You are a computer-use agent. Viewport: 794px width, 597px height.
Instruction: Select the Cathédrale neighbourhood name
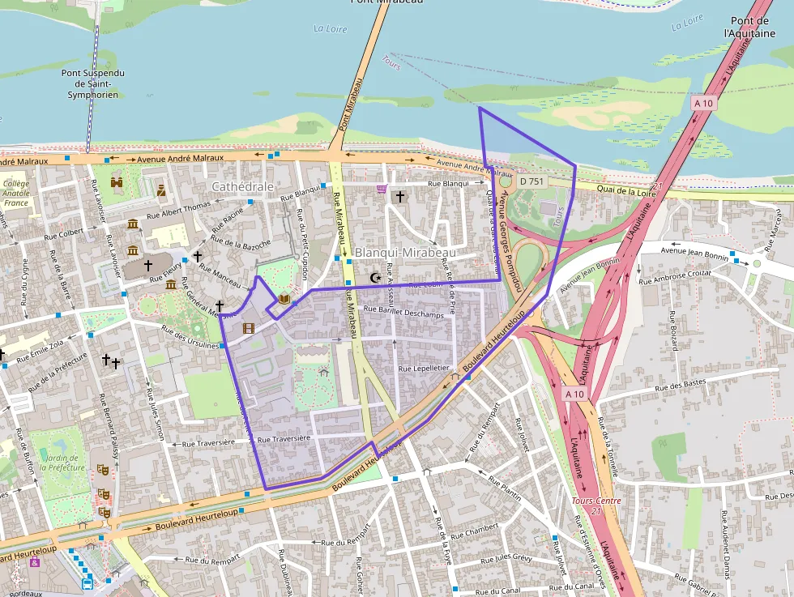coord(242,186)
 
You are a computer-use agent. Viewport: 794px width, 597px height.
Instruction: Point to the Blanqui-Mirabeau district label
coord(405,253)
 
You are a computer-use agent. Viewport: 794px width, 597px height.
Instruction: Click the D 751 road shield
coord(532,181)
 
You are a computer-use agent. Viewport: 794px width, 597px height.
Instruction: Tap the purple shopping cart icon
coord(381,189)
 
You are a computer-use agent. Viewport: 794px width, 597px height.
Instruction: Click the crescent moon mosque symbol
coord(374,278)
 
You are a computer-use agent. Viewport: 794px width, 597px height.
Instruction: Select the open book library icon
coord(284,299)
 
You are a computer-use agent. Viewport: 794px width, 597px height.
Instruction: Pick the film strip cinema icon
coord(249,328)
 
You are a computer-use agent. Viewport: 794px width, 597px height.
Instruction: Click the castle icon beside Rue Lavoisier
coord(117,183)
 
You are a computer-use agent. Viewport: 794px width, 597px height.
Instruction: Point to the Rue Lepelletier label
coord(423,368)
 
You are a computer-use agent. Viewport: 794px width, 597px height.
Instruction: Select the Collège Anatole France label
coord(15,193)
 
